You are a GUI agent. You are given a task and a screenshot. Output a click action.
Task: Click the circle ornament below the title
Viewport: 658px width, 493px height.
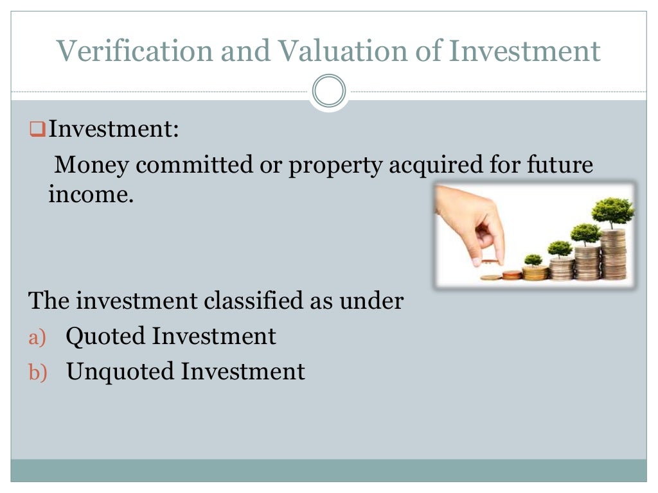coord(329,91)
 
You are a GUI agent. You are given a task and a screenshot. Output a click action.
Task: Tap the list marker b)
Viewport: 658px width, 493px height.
coord(38,372)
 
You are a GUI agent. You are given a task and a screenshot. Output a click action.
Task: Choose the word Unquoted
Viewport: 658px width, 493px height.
coord(120,372)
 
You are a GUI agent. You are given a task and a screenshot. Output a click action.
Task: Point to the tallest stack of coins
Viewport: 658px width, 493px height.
coord(612,254)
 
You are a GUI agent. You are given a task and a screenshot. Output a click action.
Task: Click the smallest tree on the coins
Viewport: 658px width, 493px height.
coord(533,260)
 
